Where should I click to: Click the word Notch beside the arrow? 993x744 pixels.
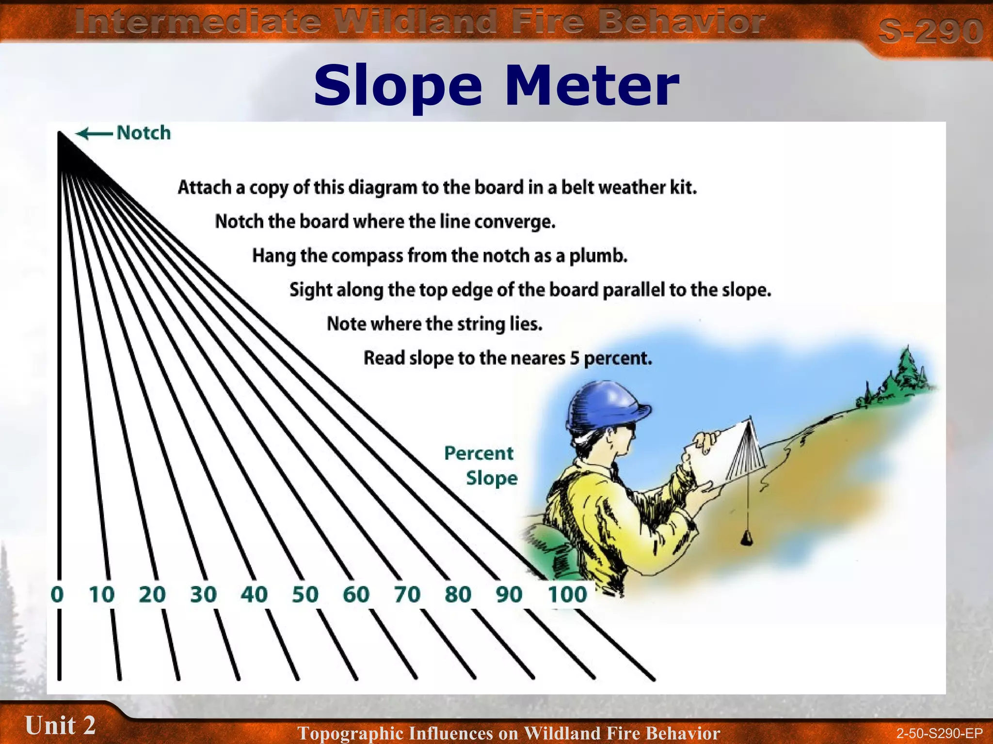tap(144, 133)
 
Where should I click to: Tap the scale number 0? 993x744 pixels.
tap(57, 594)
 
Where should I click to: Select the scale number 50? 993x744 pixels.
tap(305, 594)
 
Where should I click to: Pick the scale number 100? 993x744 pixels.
tap(567, 594)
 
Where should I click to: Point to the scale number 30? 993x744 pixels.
tap(203, 594)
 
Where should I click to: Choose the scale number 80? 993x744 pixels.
tap(458, 594)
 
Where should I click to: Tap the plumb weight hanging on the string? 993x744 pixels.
tap(746, 537)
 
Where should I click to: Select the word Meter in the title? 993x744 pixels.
tap(592, 86)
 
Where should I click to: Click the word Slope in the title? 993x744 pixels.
tap(398, 86)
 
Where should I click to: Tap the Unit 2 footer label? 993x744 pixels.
tap(60, 725)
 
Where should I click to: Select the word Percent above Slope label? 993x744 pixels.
tap(478, 453)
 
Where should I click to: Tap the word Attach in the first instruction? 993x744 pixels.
tap(204, 187)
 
